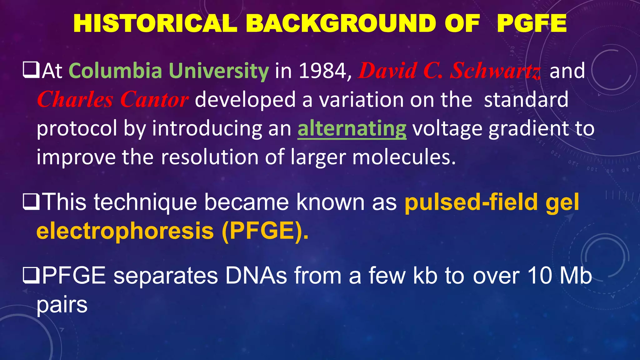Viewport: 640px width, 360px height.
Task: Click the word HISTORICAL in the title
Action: [x=155, y=23]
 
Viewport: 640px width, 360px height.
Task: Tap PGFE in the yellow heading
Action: [x=532, y=23]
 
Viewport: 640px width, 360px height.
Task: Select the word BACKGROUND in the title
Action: [x=341, y=23]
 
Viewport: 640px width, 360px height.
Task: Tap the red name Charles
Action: [x=75, y=100]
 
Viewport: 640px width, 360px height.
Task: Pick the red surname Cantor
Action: [x=154, y=100]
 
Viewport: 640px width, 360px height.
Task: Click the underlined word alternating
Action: [x=352, y=128]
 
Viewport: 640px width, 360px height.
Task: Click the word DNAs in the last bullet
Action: [x=256, y=276]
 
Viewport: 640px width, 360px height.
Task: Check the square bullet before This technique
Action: [x=31, y=202]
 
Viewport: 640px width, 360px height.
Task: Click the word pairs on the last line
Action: [x=62, y=305]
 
